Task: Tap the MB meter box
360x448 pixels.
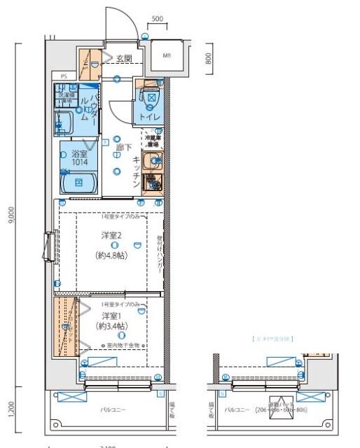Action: [167, 55]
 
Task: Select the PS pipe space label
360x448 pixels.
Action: [63, 76]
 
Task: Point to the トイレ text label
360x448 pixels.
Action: [150, 117]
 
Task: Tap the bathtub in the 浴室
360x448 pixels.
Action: [79, 183]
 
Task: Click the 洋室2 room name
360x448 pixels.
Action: [112, 235]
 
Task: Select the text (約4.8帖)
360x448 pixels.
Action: [112, 255]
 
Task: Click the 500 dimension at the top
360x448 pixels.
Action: [158, 17]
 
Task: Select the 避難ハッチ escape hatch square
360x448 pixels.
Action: [314, 397]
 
